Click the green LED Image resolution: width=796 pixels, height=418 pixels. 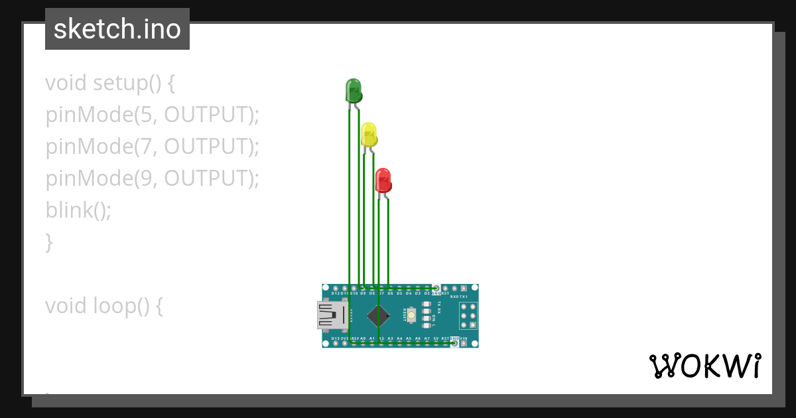click(x=354, y=90)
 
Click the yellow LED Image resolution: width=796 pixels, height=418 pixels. click(x=369, y=135)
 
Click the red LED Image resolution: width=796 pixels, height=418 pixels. click(x=383, y=180)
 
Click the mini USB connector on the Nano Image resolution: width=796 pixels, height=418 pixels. click(x=332, y=315)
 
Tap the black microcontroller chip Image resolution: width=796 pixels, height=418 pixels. click(x=379, y=315)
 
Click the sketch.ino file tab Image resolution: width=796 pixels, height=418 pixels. click(x=117, y=29)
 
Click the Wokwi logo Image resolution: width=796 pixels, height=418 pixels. click(x=704, y=366)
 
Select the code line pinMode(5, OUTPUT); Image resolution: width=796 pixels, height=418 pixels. click(x=152, y=115)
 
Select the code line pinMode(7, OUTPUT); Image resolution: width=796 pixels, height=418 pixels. click(x=152, y=147)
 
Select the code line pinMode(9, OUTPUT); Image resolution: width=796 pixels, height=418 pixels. click(x=152, y=178)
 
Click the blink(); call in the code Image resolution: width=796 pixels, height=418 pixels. click(x=78, y=210)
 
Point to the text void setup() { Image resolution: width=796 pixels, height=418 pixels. click(x=110, y=83)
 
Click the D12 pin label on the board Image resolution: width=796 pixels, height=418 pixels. click(x=336, y=293)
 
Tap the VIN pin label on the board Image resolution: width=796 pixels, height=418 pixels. click(x=463, y=338)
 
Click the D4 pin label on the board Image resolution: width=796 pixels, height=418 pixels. click(x=409, y=293)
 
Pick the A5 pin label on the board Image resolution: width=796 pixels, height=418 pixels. click(x=409, y=338)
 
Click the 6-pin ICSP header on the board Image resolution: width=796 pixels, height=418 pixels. click(x=468, y=315)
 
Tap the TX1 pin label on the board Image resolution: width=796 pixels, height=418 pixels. click(x=464, y=297)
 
